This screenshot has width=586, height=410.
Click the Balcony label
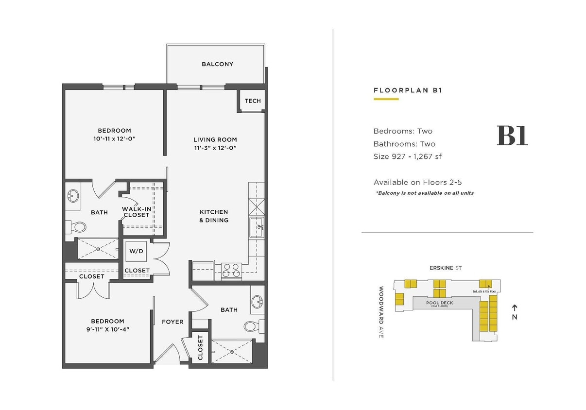217,64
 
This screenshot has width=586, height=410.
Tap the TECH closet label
253,101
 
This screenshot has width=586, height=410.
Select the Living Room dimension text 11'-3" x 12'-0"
215,148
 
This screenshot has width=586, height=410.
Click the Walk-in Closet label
137,212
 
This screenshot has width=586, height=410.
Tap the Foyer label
172,322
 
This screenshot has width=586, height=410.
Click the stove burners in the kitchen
232,270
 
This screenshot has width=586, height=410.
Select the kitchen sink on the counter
257,227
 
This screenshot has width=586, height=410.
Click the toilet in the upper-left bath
78,226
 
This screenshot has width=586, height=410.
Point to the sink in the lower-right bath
258,302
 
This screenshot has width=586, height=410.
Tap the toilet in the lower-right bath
253,326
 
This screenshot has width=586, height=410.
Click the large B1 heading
512,136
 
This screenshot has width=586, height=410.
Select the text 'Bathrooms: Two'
404,144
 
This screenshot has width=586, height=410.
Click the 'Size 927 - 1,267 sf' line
407,156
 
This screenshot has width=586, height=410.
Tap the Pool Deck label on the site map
440,304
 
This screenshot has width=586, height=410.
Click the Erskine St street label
445,268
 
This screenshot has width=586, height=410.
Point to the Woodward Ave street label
381,312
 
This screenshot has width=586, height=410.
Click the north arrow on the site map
515,308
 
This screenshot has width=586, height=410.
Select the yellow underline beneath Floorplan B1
386,99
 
